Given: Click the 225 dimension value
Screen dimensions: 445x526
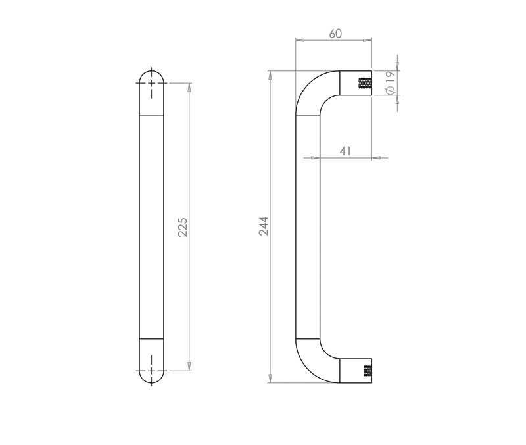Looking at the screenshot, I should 183,227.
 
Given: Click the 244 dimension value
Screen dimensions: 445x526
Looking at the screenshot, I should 263,226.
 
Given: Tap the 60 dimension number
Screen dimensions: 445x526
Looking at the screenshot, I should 335,33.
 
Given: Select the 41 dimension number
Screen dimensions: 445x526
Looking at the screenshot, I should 345,151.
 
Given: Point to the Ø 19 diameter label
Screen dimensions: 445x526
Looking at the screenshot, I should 390,84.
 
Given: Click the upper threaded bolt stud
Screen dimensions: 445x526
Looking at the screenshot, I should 364,84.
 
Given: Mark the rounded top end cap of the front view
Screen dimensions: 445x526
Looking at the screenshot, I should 152,92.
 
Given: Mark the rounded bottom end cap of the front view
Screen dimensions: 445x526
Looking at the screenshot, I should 152,362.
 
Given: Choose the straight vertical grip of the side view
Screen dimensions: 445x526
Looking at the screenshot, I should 308,227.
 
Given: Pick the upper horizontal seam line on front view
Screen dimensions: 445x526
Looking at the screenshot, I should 152,116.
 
